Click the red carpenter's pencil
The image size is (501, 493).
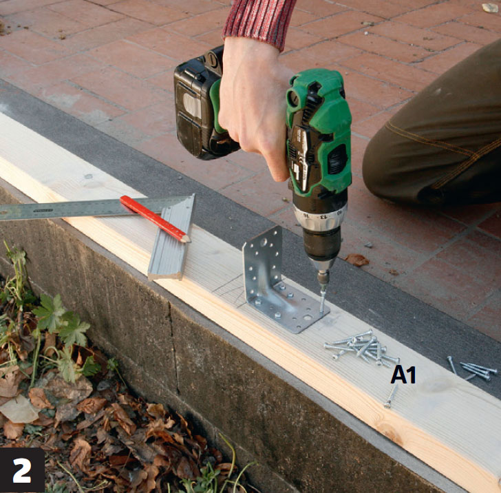click(x=155, y=219)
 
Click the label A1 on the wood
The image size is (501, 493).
click(x=403, y=375)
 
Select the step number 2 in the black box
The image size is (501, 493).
click(x=22, y=471)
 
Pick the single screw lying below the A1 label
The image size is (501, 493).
click(x=391, y=397)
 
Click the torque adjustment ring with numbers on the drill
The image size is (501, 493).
click(x=321, y=216)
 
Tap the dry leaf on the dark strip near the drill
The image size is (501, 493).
click(x=357, y=260)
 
